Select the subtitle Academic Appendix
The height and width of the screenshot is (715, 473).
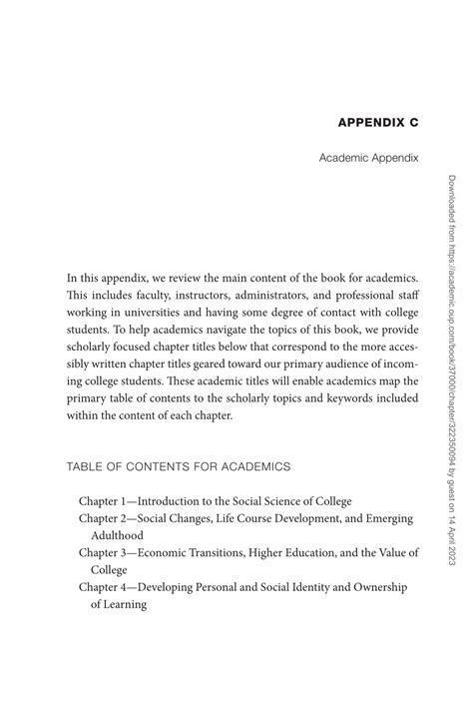(x=368, y=158)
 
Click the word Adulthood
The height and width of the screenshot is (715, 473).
(x=119, y=535)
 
